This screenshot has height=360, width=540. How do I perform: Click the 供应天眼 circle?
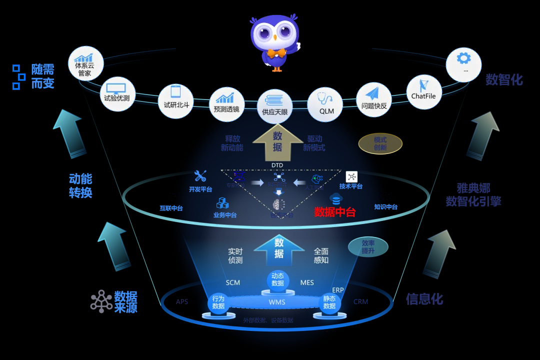pyautogui.click(x=275, y=106)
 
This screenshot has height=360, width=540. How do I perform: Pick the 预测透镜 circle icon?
pyautogui.click(x=226, y=104)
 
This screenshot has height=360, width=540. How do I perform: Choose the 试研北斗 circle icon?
pyautogui.click(x=175, y=100)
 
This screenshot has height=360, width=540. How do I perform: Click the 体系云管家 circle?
pyautogui.click(x=85, y=64)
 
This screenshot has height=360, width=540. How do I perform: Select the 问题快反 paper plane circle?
pyautogui.click(x=374, y=99)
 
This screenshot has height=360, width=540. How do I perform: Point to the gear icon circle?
pyautogui.click(x=463, y=64)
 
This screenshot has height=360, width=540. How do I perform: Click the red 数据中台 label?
pyautogui.click(x=334, y=212)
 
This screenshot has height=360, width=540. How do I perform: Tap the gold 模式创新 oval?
pyautogui.click(x=380, y=144)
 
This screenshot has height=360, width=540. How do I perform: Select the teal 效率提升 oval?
pyautogui.click(x=368, y=247)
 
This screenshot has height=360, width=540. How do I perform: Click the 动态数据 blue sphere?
pyautogui.click(x=277, y=280)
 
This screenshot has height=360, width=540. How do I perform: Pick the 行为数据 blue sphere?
pyautogui.click(x=218, y=302)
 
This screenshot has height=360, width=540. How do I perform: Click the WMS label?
pyautogui.click(x=277, y=302)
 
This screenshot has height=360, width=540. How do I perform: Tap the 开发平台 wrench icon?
pyautogui.click(x=200, y=176)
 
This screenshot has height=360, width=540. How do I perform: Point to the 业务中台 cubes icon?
pyautogui.click(x=222, y=203)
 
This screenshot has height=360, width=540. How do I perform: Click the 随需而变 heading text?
pyautogui.click(x=42, y=76)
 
